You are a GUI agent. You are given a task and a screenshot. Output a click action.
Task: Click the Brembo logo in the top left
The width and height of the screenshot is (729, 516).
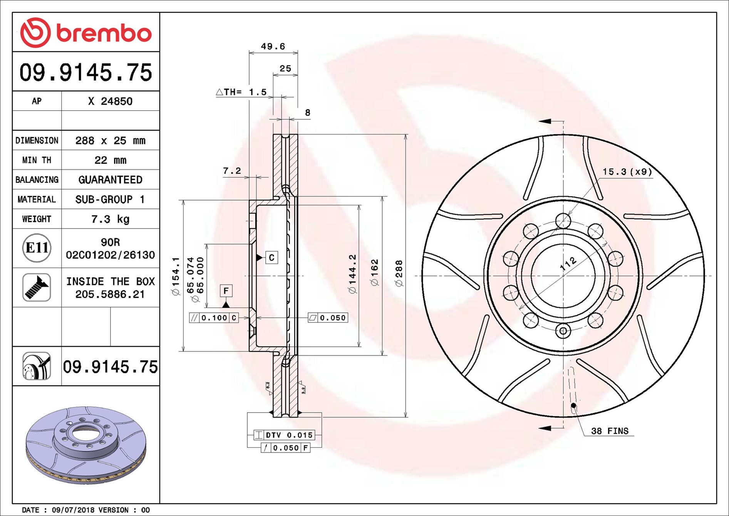click(x=85, y=33)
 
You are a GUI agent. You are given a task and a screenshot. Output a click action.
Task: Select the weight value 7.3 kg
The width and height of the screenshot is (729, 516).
click(x=110, y=219)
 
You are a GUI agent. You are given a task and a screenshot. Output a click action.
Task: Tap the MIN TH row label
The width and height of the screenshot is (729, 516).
click(x=37, y=160)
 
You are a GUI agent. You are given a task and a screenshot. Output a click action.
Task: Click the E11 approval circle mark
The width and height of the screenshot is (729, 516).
click(x=37, y=248)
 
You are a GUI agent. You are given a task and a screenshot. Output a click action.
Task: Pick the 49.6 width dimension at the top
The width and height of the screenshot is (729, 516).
click(x=273, y=47)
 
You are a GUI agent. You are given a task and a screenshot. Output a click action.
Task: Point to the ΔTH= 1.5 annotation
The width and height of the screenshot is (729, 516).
click(x=241, y=92)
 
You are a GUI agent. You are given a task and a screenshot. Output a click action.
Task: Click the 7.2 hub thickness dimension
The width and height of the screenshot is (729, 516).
click(x=232, y=171)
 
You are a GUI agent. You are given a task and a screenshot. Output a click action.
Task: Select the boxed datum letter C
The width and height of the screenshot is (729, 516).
click(x=271, y=257)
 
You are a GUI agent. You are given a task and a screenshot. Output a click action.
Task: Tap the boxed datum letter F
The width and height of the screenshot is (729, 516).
click(x=226, y=291)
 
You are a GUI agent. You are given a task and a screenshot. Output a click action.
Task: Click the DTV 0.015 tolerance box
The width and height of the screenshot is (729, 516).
click(x=284, y=435)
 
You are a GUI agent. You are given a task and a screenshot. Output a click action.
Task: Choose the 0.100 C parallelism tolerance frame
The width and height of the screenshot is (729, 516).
click(x=214, y=318)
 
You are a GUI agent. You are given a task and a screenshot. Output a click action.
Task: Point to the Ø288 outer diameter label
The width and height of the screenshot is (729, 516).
click(x=399, y=273)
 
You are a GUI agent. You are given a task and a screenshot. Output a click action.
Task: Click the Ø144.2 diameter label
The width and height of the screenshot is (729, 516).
click(x=352, y=274)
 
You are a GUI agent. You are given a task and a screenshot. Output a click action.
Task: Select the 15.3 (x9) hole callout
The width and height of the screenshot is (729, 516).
click(x=627, y=172)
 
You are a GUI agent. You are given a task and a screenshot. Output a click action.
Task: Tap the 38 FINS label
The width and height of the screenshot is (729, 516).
click(x=609, y=431)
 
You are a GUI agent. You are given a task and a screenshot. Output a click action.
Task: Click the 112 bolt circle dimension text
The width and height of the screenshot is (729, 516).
click(x=568, y=264)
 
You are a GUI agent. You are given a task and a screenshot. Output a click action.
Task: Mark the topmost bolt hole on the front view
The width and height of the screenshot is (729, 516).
click(x=563, y=221)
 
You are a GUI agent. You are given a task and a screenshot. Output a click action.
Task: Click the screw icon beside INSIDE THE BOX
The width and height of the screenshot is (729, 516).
click(x=37, y=287)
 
